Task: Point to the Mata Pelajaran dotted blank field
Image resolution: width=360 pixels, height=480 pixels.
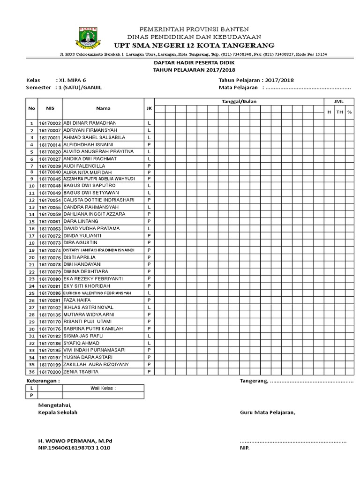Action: pos(307,87)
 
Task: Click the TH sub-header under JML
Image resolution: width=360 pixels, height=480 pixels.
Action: pos(339,112)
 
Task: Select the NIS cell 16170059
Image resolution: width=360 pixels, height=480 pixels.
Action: pos(50,214)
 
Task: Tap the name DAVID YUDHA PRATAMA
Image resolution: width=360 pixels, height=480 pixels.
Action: pos(90,228)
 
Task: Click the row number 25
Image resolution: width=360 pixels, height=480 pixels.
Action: pos(32,293)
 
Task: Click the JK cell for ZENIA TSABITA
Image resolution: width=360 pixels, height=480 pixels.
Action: pos(149,371)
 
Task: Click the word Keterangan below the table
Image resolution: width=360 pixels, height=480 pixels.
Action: pos(43,381)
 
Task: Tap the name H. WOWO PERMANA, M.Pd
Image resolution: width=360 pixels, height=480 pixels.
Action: pos(75,441)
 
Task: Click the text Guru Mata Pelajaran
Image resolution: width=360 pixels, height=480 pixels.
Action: pos(268,412)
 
